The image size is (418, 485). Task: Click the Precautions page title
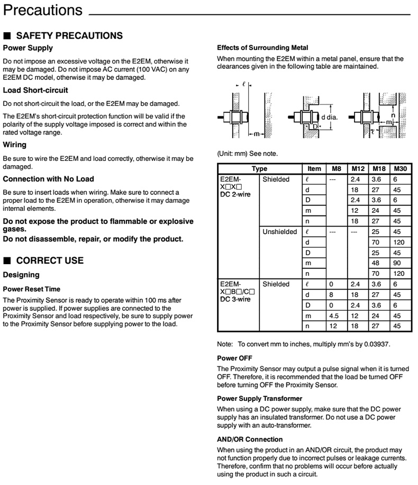(x=43, y=10)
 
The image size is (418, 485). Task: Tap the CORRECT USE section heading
(x=50, y=261)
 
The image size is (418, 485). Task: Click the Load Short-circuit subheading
(x=35, y=90)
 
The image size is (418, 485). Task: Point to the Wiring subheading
(x=15, y=144)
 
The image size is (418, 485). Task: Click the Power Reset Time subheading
(x=32, y=289)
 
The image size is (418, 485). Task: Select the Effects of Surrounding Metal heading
(x=263, y=48)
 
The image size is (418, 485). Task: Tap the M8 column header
(x=337, y=169)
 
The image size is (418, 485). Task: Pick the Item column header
(x=314, y=169)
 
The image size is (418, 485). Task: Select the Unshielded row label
(x=280, y=232)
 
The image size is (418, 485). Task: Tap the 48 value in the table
(x=378, y=263)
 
